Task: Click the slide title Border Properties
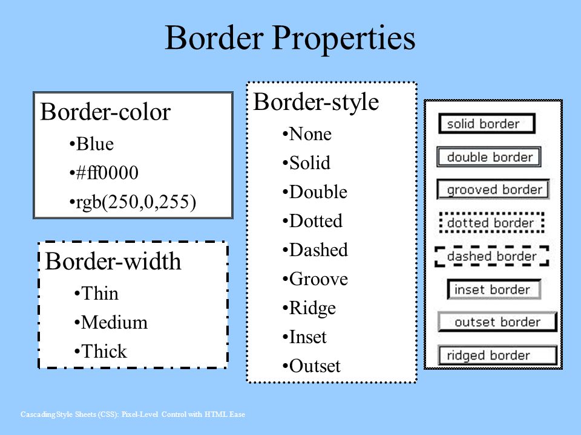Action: click(290, 39)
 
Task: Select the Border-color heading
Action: click(105, 112)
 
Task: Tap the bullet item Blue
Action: click(91, 144)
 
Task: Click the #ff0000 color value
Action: click(103, 173)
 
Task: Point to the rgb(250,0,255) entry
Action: click(133, 202)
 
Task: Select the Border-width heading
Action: click(113, 262)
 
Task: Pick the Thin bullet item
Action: click(96, 294)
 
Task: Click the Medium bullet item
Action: click(111, 322)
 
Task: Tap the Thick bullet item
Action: click(100, 351)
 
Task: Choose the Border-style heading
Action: click(316, 102)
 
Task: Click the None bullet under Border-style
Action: click(307, 134)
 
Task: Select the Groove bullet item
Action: click(315, 279)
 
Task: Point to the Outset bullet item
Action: click(311, 366)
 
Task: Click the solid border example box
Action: click(487, 123)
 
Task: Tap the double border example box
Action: click(489, 157)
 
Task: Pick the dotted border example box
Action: click(491, 223)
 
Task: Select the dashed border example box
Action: click(491, 256)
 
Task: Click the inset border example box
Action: click(494, 289)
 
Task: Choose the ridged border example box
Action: click(497, 355)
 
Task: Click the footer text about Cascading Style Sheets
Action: click(133, 414)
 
